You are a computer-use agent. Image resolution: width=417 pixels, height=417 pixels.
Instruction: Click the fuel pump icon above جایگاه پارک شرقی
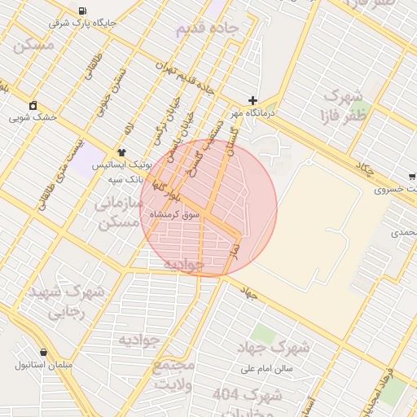coord(83,11)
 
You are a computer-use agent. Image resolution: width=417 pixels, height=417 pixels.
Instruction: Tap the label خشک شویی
coord(33,117)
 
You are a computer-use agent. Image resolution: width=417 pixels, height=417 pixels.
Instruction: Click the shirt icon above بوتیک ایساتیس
coord(122,151)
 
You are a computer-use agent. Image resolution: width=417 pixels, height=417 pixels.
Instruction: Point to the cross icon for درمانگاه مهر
coord(252,100)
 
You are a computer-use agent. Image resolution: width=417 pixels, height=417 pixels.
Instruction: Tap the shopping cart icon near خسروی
coord(412,176)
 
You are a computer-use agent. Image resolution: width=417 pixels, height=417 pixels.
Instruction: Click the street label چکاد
coord(365,169)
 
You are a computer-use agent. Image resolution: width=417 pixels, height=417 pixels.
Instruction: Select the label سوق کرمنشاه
coord(173,214)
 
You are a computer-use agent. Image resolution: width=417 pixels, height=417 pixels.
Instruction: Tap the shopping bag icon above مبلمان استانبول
coord(42,352)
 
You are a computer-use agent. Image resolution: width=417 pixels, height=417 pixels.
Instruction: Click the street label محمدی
coord(404,233)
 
